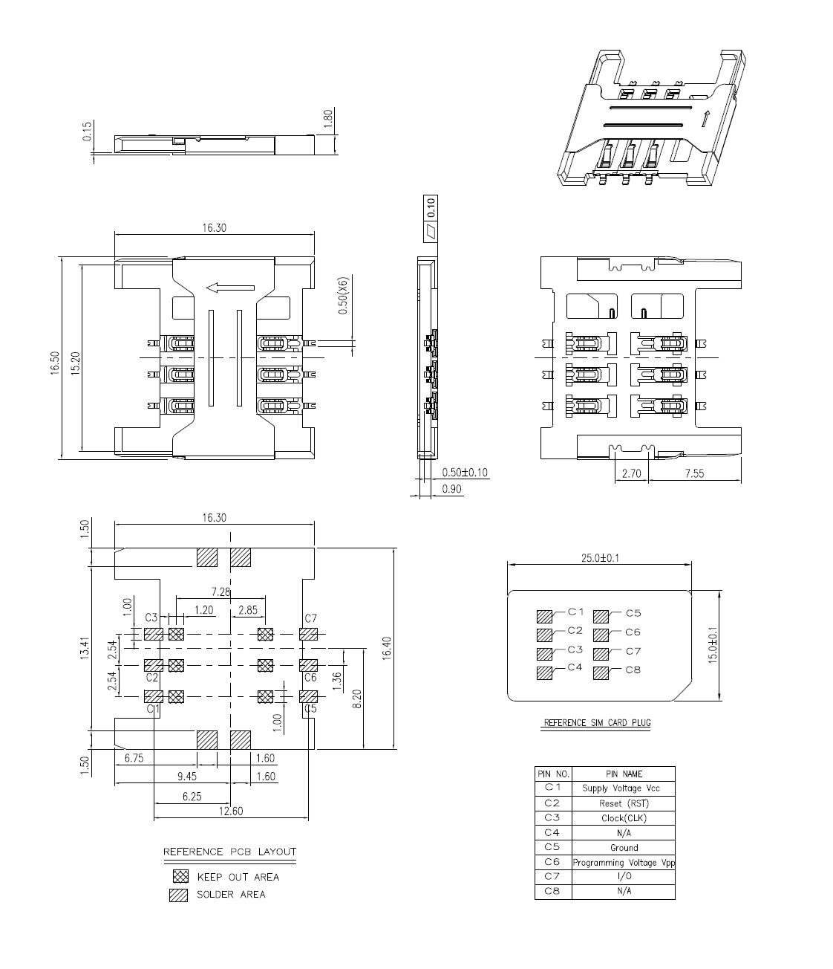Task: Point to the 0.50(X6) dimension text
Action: coord(342,296)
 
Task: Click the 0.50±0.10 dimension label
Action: coord(465,473)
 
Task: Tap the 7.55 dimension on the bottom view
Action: coord(694,473)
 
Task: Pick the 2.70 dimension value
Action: coord(631,473)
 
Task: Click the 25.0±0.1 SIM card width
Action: coord(601,558)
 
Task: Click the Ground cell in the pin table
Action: coord(624,847)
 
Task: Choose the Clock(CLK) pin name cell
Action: coord(624,818)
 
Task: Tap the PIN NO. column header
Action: coord(553,774)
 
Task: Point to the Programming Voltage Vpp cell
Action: coord(624,863)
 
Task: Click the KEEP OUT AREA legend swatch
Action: coord(180,877)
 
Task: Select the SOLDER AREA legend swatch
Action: coord(179,895)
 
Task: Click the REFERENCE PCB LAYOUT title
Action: coord(229,852)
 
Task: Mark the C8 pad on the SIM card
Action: coord(601,673)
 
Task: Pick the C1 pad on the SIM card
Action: coord(544,616)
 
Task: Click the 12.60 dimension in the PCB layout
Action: coord(232,811)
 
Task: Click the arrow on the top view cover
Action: coord(230,288)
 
